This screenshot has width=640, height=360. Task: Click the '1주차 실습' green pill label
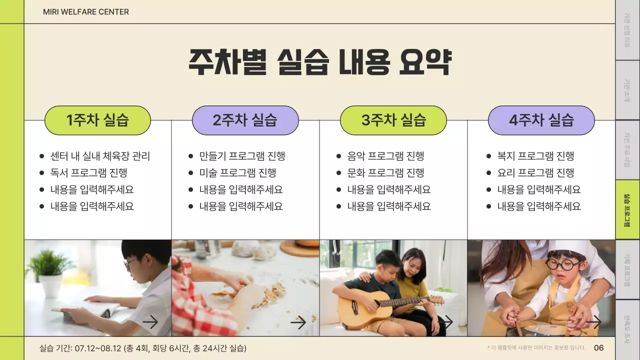click(x=97, y=120)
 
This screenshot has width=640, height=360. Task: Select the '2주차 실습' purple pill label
click(x=245, y=120)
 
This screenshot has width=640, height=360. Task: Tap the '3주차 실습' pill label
click(x=393, y=120)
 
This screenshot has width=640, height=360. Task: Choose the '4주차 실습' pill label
click(x=541, y=120)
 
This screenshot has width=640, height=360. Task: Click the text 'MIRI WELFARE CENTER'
click(x=86, y=11)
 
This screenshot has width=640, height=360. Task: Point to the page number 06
click(x=598, y=348)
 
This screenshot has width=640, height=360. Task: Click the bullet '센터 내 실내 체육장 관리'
click(x=100, y=156)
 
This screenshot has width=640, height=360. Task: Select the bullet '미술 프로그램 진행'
click(x=237, y=173)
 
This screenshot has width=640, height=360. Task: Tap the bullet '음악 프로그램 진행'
click(x=385, y=156)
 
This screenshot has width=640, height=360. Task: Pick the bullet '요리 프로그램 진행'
click(x=535, y=173)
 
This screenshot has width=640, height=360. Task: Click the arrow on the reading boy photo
click(x=150, y=322)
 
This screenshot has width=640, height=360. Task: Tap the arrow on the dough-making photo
click(x=298, y=322)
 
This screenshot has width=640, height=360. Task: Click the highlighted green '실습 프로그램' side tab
click(x=627, y=210)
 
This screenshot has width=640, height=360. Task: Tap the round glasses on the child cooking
click(x=564, y=264)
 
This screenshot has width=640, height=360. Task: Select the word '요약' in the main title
click(x=425, y=62)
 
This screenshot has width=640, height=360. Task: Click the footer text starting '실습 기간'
click(x=143, y=348)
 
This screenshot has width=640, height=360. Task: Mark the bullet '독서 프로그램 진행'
click(x=88, y=173)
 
